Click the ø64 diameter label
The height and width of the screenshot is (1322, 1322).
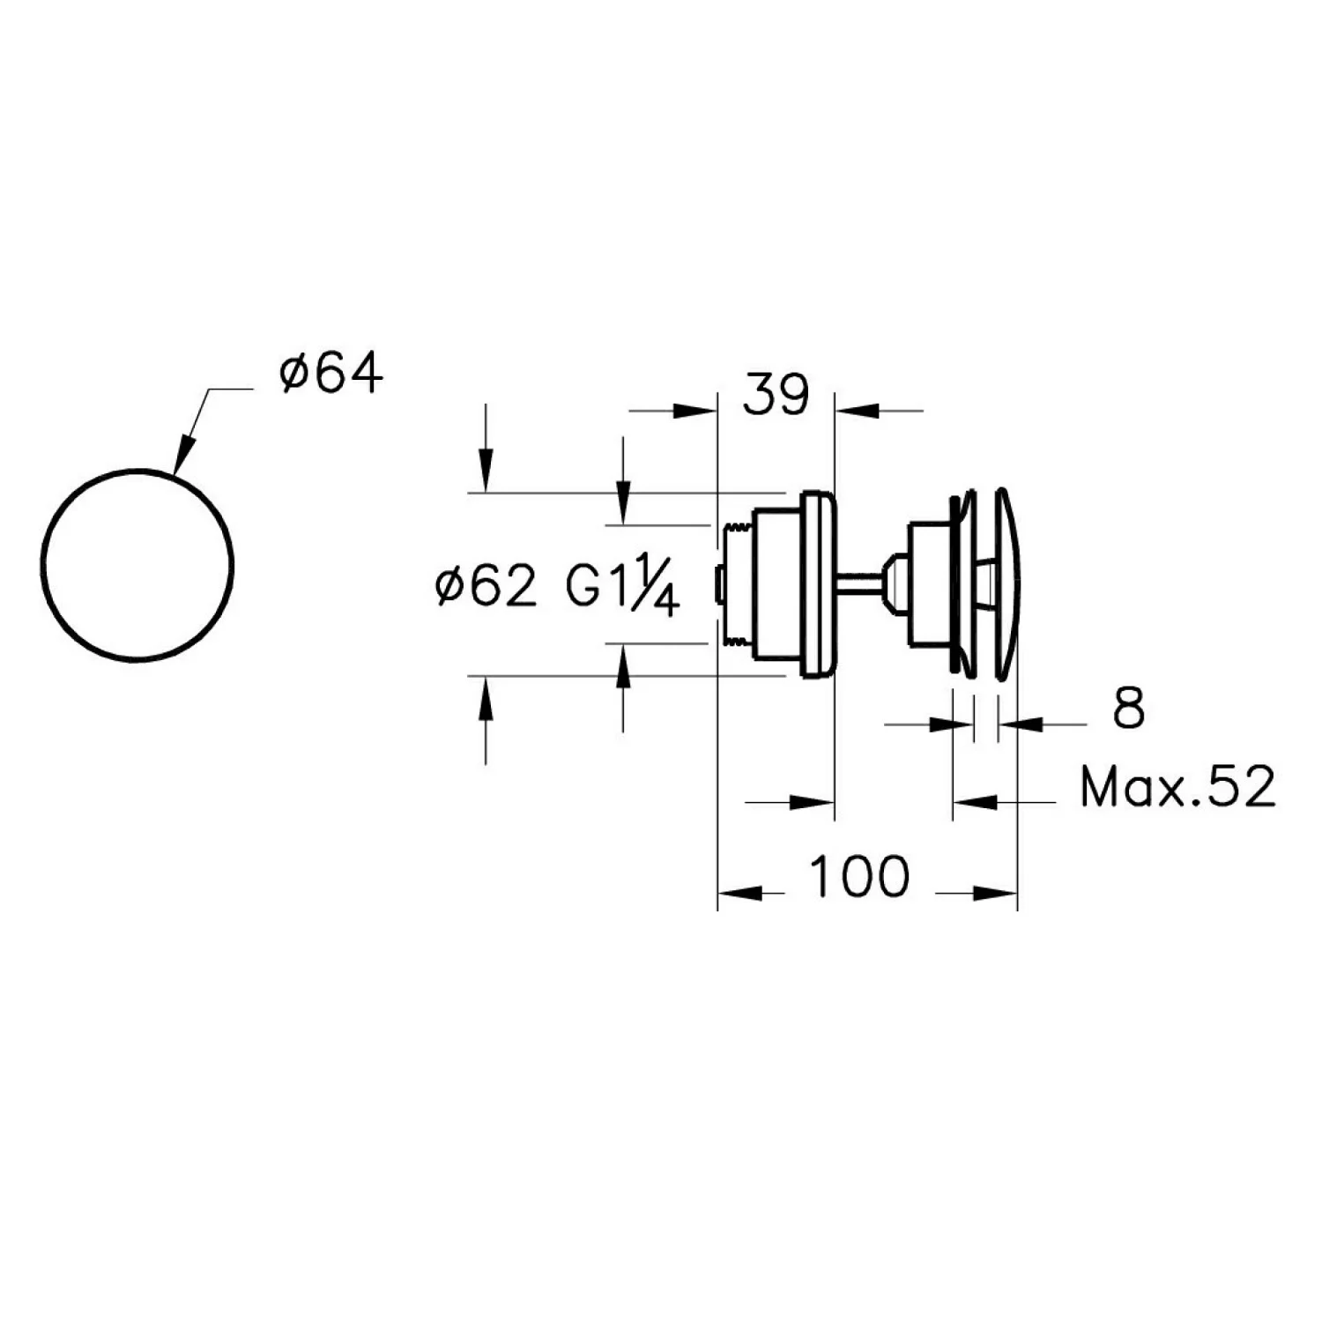331,374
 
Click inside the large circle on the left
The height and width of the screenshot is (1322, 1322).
137,564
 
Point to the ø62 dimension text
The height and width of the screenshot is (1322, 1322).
486,585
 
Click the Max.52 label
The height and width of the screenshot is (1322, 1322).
1177,787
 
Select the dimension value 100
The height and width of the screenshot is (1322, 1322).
858,877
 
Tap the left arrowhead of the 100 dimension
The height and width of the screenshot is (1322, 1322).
739,893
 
